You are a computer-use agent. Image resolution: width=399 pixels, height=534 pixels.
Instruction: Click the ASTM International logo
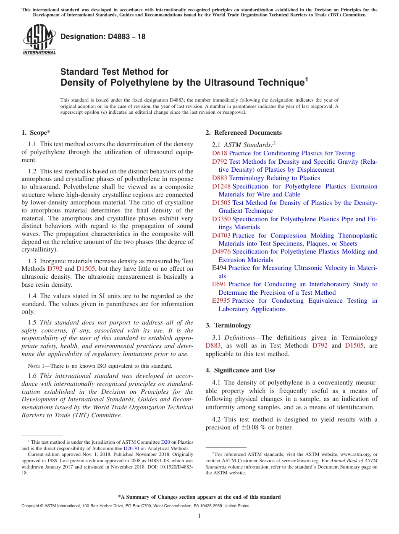coord(39,39)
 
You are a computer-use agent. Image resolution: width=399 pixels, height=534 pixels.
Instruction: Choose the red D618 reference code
coord(220,153)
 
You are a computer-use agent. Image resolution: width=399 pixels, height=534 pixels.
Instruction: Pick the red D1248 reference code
coord(221,186)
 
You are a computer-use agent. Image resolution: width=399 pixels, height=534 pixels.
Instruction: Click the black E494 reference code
coord(219,268)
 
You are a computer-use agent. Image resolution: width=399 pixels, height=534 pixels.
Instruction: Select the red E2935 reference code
coord(221,301)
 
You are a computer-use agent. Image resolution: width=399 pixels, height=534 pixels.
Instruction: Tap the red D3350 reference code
coord(221,219)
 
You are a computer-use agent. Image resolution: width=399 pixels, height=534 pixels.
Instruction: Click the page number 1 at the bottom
coord(199,516)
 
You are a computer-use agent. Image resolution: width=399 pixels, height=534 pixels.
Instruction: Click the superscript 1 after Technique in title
coord(307,79)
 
